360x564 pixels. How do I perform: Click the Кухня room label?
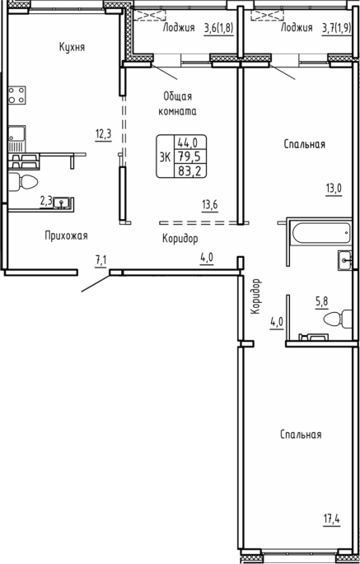click(x=72, y=48)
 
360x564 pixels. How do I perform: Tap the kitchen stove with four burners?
click(x=17, y=95)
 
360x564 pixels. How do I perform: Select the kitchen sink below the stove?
click(x=17, y=138)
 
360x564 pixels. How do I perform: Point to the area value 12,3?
click(x=104, y=134)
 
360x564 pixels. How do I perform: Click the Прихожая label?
click(x=66, y=236)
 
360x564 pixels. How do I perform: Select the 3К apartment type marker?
click(x=165, y=156)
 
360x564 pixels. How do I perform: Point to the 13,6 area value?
click(x=209, y=206)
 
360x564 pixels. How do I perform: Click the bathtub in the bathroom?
click(x=321, y=233)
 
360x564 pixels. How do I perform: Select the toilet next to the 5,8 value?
click(x=338, y=319)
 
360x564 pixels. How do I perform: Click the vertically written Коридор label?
click(x=255, y=297)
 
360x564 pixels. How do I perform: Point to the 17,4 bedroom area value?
click(x=331, y=520)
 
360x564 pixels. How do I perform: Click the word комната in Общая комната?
click(x=178, y=112)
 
